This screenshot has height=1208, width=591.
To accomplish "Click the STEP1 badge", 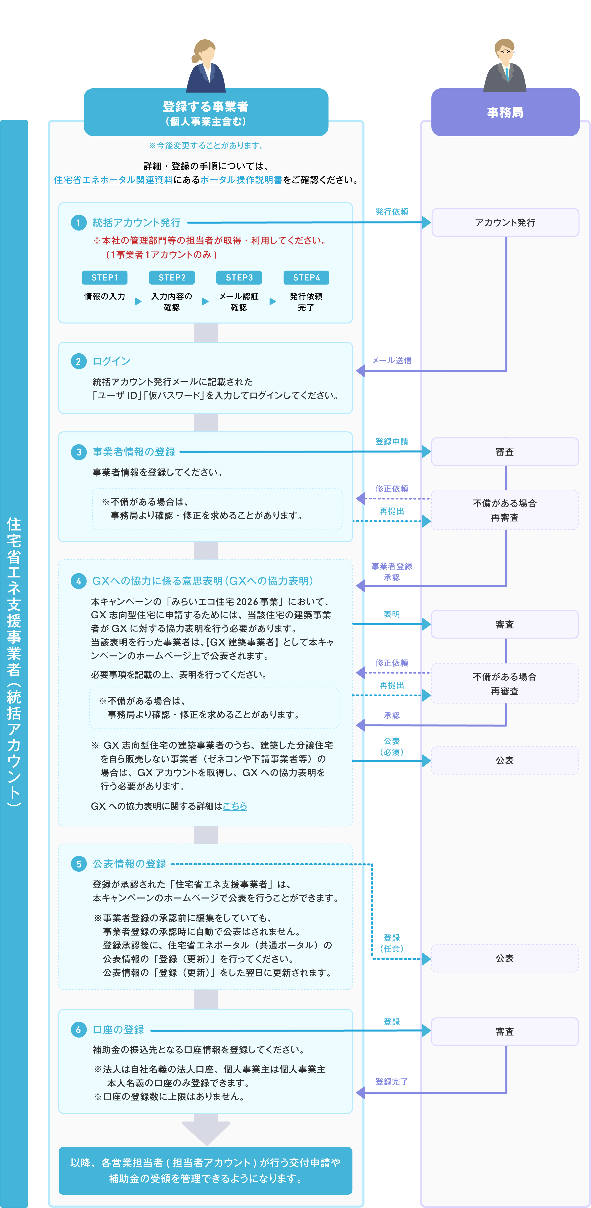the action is pos(105,278).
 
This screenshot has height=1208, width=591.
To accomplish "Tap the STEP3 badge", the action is pos(239,278).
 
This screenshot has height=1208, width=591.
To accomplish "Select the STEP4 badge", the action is pos(307,278).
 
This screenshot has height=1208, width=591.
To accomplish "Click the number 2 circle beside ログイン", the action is pos(78,361).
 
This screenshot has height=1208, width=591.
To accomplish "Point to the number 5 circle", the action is pos(78,864).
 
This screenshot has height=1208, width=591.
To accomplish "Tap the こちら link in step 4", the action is pos(235,806).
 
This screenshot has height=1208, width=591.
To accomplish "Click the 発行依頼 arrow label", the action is pos(392,212).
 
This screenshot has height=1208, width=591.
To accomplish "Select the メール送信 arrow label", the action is pos(392,360).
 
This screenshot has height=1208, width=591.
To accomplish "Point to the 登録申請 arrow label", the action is pos(392,442).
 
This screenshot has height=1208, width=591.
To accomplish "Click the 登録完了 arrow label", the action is pos(392,1081).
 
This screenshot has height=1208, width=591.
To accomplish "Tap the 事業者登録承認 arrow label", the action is pos(392,572).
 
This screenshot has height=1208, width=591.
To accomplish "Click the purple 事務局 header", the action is pos(505,113).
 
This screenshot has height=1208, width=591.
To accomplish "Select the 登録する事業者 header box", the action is pos(206,113).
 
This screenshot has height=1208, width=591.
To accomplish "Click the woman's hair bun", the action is pos(195,59).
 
